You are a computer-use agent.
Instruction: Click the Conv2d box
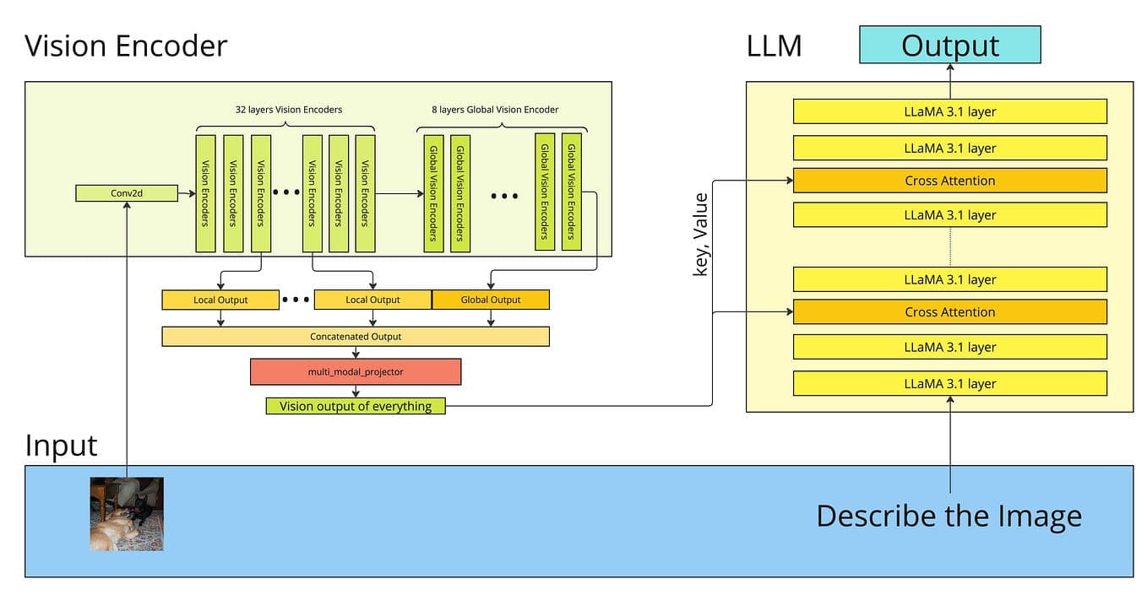point(127,193)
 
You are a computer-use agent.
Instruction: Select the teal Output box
point(949,45)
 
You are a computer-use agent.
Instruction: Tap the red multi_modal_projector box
point(355,371)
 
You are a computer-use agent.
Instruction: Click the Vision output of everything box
point(356,406)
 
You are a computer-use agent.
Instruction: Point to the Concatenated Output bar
point(355,336)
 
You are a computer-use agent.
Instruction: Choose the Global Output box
point(491,300)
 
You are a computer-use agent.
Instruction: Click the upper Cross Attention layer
point(949,181)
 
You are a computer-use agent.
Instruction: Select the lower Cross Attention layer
point(949,311)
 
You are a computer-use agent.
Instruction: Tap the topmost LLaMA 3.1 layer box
point(949,111)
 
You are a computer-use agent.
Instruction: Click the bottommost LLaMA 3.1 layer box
point(949,383)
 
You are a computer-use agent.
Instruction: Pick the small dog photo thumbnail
point(127,513)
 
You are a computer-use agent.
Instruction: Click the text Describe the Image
point(949,516)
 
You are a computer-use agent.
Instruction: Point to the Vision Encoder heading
point(126,45)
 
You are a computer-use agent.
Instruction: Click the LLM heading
point(774,46)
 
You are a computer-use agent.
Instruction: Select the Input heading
point(61,445)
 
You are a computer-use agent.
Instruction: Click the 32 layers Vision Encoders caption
point(288,110)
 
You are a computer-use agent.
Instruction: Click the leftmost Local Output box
point(220,300)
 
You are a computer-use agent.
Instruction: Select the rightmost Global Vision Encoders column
point(572,192)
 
